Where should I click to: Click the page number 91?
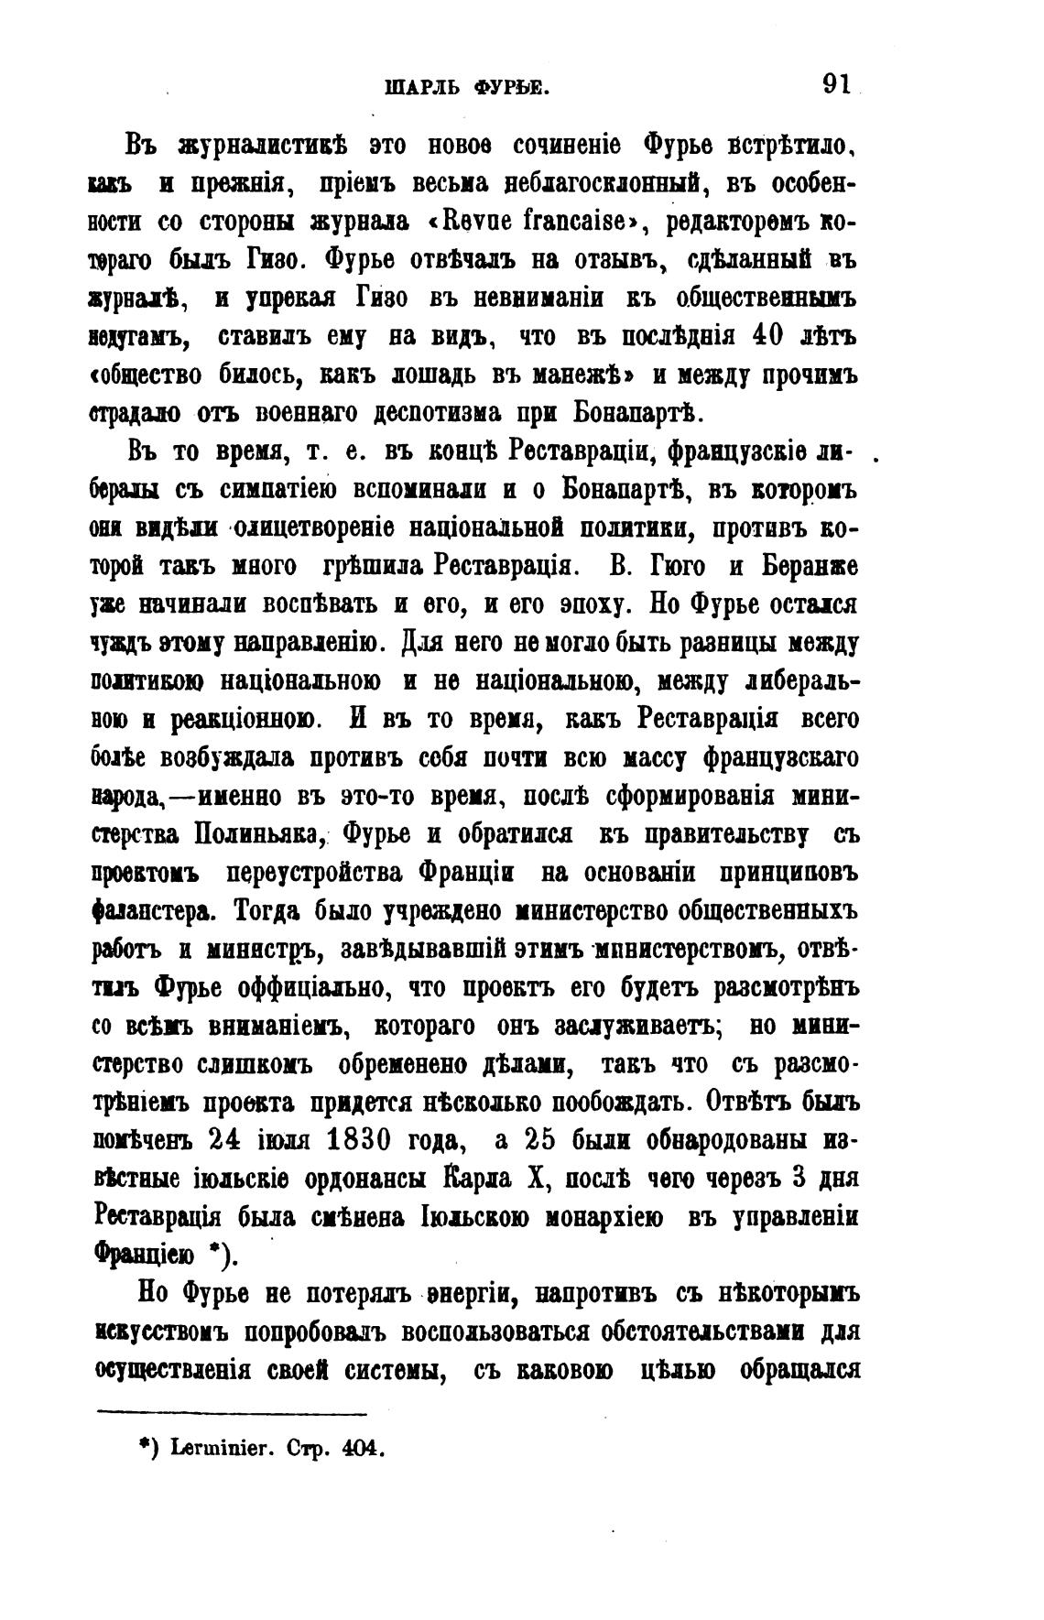point(837,86)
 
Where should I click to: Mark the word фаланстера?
point(158,911)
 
